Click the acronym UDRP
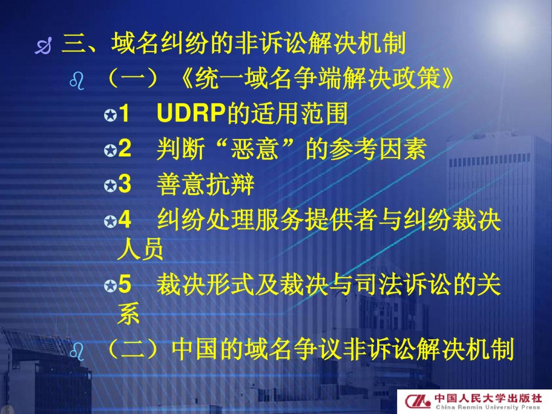click(191, 112)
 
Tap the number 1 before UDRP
click(124, 113)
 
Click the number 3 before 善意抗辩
click(125, 184)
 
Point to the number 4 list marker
click(125, 219)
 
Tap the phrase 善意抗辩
click(205, 184)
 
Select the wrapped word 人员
click(140, 249)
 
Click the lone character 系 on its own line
click(128, 314)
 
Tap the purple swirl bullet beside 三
click(43, 46)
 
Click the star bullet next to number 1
click(111, 115)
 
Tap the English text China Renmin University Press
click(488, 407)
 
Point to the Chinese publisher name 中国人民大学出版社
click(488, 398)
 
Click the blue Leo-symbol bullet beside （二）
click(77, 352)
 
